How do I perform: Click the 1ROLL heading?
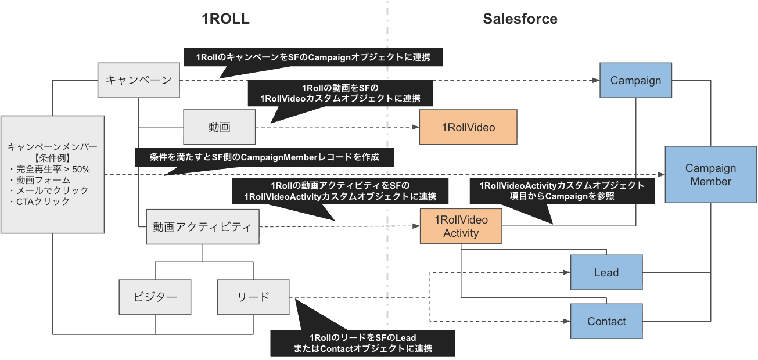pyautogui.click(x=225, y=19)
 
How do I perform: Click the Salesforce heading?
pyautogui.click(x=520, y=19)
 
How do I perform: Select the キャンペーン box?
pyautogui.click(x=138, y=80)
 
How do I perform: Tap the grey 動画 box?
pyautogui.click(x=220, y=127)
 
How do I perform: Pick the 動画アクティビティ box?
pyautogui.click(x=202, y=226)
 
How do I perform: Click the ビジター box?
pyautogui.click(x=155, y=297)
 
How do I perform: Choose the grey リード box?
pyautogui.click(x=253, y=297)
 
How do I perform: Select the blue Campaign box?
pyautogui.click(x=635, y=80)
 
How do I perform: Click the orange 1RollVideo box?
pyautogui.click(x=468, y=127)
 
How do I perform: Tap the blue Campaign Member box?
pyautogui.click(x=710, y=175)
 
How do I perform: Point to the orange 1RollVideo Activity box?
pyautogui.click(x=461, y=226)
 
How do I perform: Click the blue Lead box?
pyautogui.click(x=606, y=272)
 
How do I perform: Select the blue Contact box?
pyautogui.click(x=606, y=321)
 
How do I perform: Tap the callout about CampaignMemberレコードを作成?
pyautogui.click(x=264, y=157)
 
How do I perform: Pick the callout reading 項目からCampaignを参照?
pyautogui.click(x=562, y=191)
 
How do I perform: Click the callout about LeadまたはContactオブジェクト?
pyautogui.click(x=362, y=343)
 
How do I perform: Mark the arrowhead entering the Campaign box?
pyautogui.click(x=597, y=80)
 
